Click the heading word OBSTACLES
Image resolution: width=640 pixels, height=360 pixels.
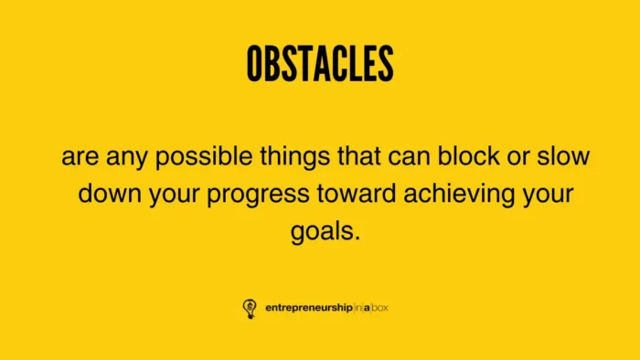coord(320,63)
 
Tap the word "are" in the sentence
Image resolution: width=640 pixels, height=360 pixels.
coord(80,157)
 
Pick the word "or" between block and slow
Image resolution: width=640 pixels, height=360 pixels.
coord(520,157)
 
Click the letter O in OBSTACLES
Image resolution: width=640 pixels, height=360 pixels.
coord(255,63)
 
